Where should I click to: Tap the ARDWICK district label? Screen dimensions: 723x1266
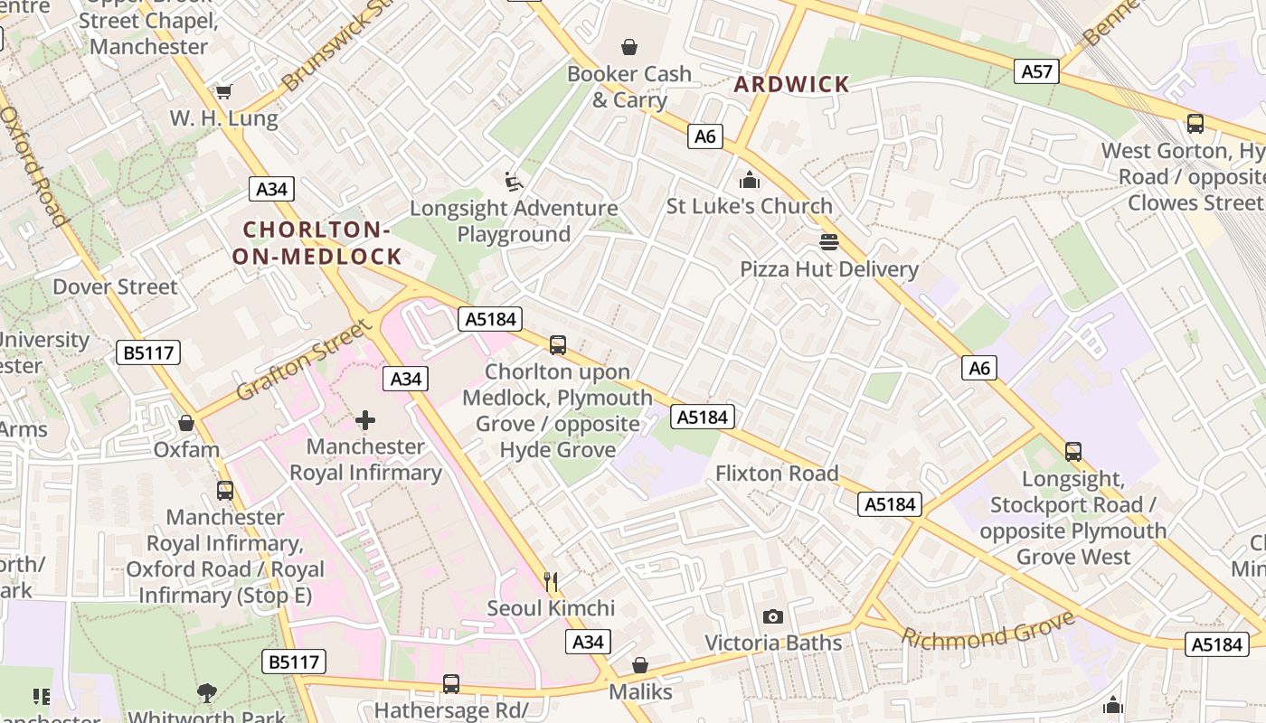[x=792, y=84]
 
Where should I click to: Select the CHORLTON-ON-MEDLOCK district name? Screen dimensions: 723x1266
[x=316, y=243]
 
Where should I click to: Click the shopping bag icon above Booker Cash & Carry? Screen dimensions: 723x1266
[x=628, y=46]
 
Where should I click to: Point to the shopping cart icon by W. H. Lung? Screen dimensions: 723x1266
[x=223, y=91]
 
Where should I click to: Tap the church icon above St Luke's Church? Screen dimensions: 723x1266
[x=749, y=180]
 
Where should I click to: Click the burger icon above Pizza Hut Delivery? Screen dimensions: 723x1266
[x=828, y=242]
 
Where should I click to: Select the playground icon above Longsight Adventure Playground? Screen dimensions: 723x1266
[x=514, y=182]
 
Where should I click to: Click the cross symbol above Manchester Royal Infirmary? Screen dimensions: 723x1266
[x=365, y=419]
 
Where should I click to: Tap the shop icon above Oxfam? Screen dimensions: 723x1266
[x=186, y=423]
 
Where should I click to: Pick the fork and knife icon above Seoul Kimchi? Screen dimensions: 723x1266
[x=550, y=581]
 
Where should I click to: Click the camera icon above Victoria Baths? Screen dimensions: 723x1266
[x=772, y=616]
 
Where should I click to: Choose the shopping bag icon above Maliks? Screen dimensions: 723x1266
[x=640, y=665]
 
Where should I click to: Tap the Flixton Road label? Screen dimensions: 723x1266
[x=777, y=473]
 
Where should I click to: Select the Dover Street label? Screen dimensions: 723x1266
[x=115, y=286]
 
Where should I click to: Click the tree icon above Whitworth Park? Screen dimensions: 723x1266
[x=207, y=693]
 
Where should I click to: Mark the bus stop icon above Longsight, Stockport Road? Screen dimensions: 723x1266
[x=1073, y=451]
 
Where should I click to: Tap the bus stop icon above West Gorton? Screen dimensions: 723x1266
[x=1195, y=124]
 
